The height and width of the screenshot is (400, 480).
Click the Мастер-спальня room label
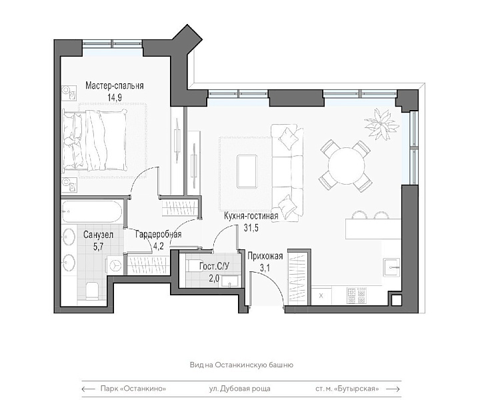(115, 85)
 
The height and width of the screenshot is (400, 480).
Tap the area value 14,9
(115, 97)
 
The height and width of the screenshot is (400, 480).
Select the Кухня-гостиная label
(251, 216)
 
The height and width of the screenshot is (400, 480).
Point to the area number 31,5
(251, 228)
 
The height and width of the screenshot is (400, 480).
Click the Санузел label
(98, 235)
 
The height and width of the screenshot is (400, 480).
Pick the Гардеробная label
(158, 235)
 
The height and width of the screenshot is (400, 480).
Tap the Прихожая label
(265, 256)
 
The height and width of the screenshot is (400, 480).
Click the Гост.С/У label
(214, 266)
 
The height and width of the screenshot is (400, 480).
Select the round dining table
(347, 165)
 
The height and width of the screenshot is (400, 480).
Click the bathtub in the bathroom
(92, 211)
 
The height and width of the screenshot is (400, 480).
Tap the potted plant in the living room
(381, 124)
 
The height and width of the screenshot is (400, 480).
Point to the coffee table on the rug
(247, 171)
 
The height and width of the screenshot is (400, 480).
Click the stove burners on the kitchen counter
(357, 295)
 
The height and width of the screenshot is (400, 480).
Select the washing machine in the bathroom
(115, 265)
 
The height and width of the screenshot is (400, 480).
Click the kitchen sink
(391, 267)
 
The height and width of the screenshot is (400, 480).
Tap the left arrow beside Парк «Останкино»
(88, 389)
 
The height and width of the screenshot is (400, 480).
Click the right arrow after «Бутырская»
(393, 389)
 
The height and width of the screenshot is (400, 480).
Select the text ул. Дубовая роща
(240, 389)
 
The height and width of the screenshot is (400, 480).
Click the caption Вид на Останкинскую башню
(241, 365)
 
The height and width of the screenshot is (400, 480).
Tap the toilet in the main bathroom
(93, 291)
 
